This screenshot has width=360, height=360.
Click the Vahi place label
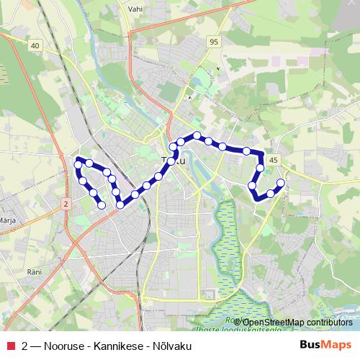click(x=135, y=9)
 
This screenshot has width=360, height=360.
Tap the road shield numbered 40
click(x=35, y=45)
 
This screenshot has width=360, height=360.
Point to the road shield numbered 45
click(x=273, y=159)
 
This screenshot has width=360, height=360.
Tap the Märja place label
click(x=8, y=220)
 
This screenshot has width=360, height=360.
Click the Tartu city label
click(x=174, y=161)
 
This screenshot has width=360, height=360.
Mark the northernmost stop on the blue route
click(x=197, y=135)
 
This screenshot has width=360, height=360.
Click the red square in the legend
click(x=10, y=346)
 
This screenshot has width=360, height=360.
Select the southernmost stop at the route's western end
click(x=102, y=205)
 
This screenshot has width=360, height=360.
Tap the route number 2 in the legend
click(x=25, y=346)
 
